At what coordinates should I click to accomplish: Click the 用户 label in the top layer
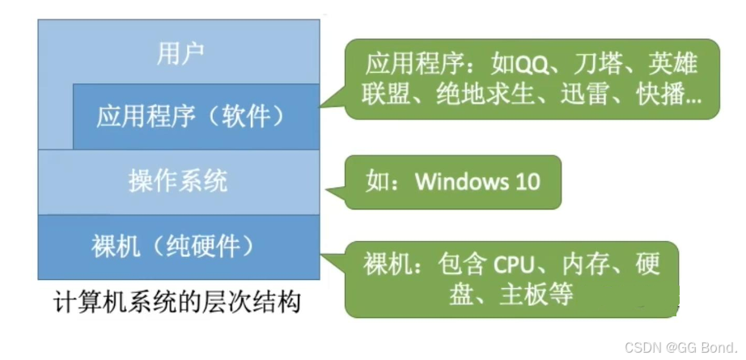coord(180,56)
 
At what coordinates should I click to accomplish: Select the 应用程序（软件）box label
coord(192,116)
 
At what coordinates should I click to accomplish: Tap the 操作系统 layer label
coord(178,180)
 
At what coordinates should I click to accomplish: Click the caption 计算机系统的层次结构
coord(179,303)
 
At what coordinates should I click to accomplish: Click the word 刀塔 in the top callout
coord(597,63)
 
